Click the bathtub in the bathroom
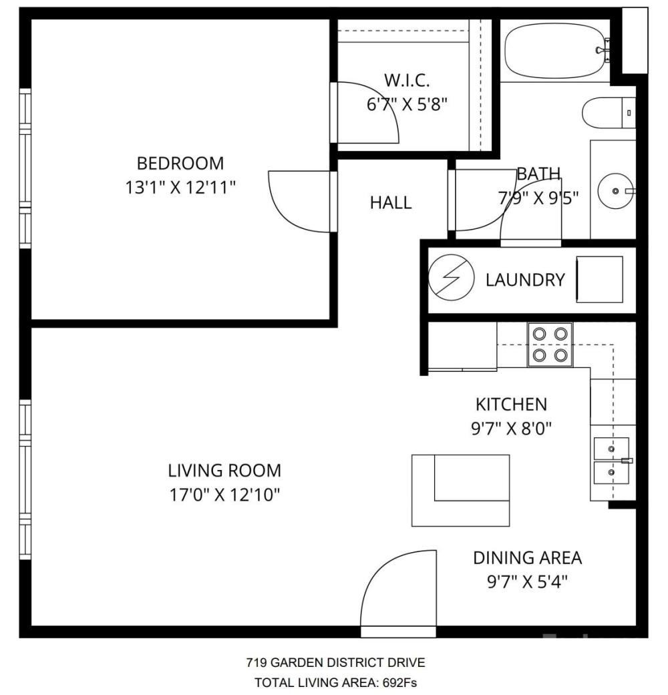[555, 51]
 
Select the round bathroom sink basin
[615, 191]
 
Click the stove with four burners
[550, 344]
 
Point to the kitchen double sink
[612, 461]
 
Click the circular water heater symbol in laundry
[451, 278]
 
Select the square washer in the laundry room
[599, 279]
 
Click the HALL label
[391, 202]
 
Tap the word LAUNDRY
[525, 280]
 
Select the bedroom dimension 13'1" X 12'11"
[180, 188]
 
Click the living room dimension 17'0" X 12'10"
[225, 495]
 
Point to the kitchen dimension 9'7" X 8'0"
[512, 429]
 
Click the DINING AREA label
[528, 557]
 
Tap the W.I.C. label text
[407, 80]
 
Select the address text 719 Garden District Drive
[336, 662]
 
